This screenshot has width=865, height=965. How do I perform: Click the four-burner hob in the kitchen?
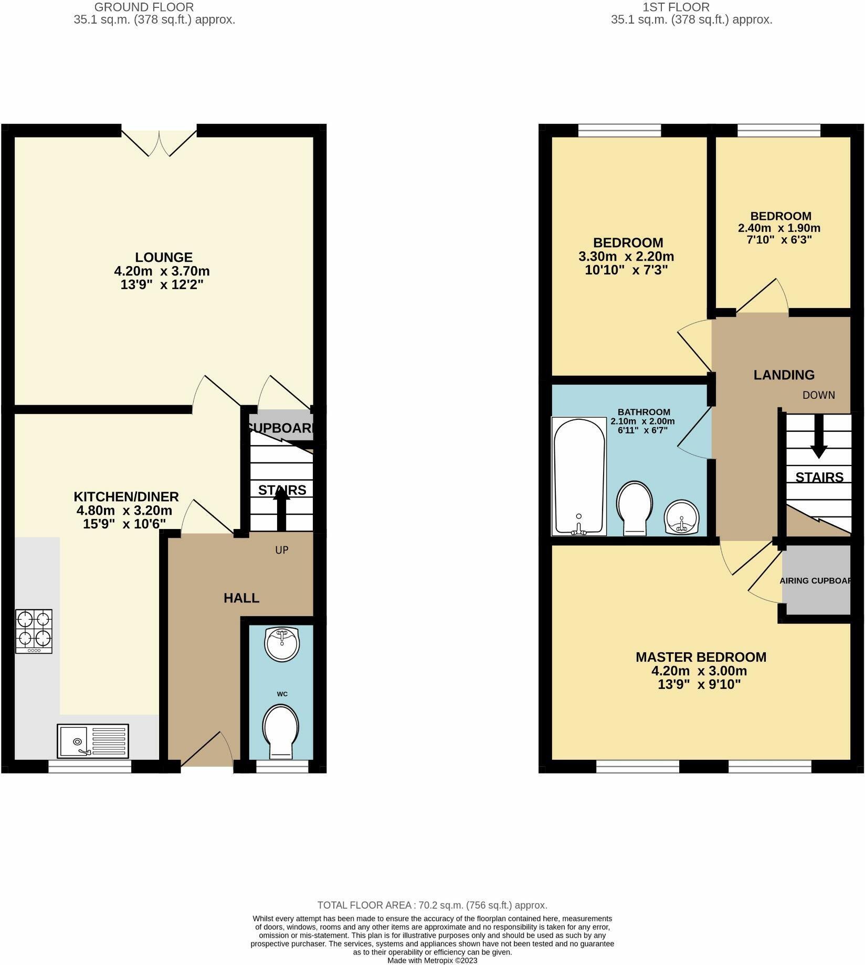[x=34, y=631]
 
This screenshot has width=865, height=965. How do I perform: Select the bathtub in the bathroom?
[x=579, y=476]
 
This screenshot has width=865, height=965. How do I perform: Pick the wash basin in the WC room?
[x=282, y=643]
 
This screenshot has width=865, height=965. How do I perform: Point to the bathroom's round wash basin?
[x=682, y=517]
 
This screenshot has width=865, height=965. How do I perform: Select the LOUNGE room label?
[x=164, y=257]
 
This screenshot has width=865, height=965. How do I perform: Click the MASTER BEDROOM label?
[x=701, y=657]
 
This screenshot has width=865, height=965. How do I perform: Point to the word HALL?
[x=241, y=598]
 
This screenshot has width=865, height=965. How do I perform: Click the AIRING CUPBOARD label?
[x=815, y=581]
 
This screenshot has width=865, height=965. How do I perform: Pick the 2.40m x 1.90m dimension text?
[x=779, y=228]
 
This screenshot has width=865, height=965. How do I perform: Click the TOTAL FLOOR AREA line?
[x=432, y=905]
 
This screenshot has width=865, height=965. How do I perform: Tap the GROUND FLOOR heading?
[x=144, y=7]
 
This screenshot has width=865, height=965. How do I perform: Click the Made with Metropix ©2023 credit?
[x=432, y=960]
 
